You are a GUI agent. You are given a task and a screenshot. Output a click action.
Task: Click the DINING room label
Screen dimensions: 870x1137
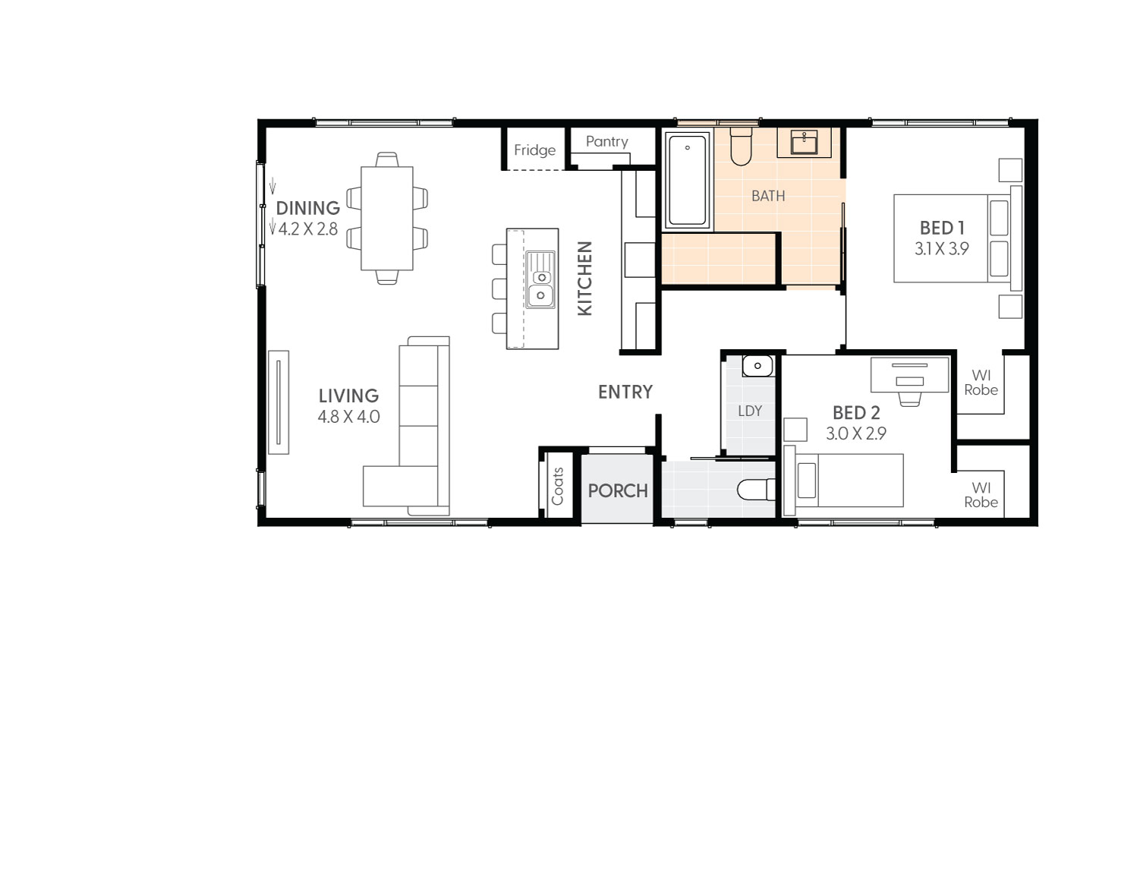tap(307, 208)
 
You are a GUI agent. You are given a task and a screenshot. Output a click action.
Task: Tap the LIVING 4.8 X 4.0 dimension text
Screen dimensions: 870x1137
tap(348, 417)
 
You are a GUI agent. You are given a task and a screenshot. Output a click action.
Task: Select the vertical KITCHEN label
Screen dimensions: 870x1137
tap(584, 278)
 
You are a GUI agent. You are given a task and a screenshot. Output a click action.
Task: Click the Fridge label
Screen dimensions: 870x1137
tap(534, 150)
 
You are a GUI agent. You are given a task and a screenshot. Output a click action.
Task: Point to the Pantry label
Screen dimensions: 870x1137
tap(606, 142)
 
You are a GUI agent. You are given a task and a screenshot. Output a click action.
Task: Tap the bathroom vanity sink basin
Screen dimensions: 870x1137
tap(804, 142)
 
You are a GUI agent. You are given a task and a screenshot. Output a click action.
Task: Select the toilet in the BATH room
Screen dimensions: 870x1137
tap(741, 147)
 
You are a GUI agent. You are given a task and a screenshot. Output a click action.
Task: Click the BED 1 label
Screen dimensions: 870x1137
tap(941, 228)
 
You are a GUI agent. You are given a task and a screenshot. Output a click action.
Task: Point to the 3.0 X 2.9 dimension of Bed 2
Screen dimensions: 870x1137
tap(855, 433)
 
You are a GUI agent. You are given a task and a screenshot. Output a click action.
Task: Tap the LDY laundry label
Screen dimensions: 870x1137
tap(749, 411)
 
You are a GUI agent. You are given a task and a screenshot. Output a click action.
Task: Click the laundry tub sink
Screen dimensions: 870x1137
tap(757, 366)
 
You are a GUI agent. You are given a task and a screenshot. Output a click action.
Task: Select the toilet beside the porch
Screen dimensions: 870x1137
tap(756, 490)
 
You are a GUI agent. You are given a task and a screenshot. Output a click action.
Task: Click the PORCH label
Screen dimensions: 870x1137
tap(618, 491)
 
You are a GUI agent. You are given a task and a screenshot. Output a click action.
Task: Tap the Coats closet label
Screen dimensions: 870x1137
tap(558, 487)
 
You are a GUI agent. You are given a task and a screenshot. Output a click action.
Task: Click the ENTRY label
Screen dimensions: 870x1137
tap(625, 392)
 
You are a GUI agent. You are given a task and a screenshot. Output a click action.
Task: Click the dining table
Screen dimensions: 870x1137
tap(387, 219)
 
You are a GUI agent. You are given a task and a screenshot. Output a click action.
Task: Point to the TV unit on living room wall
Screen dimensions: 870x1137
tap(279, 402)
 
